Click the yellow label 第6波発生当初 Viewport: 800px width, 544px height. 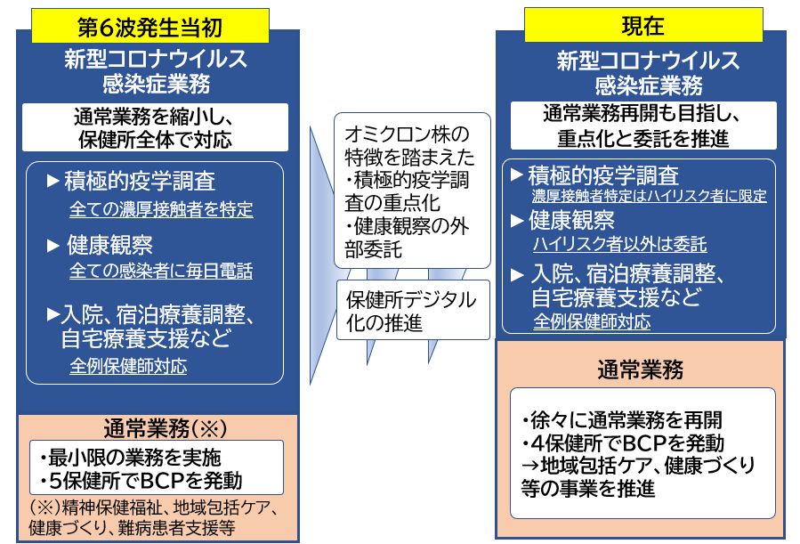point(150,26)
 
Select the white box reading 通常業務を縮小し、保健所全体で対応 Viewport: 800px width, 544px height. point(156,127)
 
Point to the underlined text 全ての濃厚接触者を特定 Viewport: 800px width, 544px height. point(161,210)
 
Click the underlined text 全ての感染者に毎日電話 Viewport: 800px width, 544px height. point(161,271)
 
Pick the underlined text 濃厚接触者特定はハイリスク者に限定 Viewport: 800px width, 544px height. point(649,196)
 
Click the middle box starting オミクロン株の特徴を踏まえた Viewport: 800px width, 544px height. point(412,190)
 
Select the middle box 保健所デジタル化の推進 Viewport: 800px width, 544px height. point(412,310)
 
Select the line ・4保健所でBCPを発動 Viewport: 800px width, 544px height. point(623,443)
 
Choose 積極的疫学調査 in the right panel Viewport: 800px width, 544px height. point(603,174)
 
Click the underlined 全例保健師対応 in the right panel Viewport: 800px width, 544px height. point(591,321)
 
